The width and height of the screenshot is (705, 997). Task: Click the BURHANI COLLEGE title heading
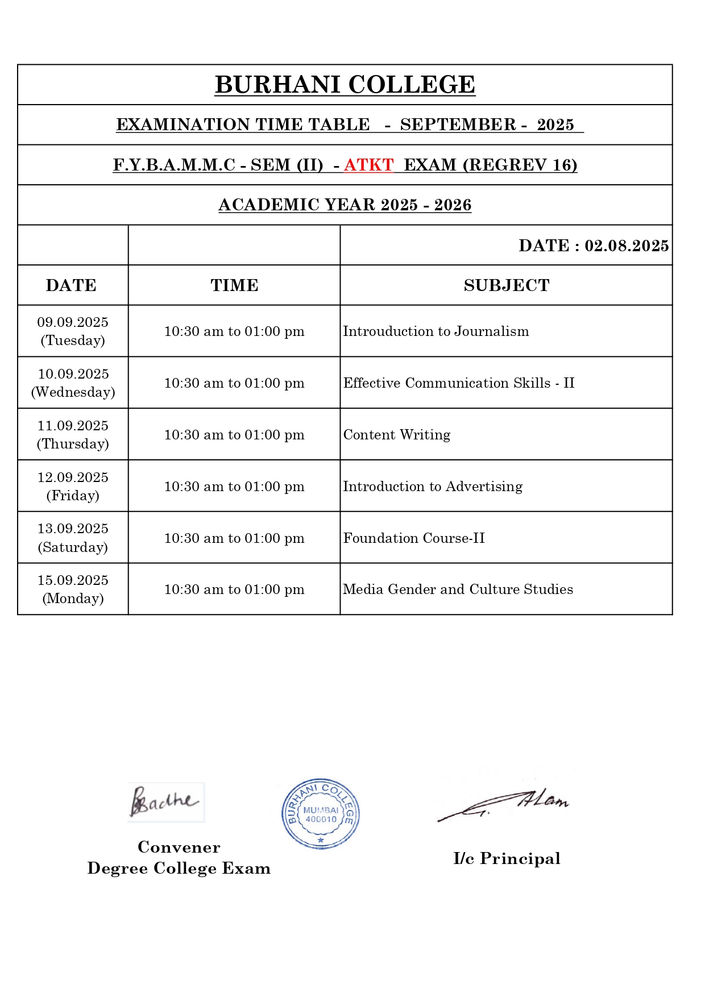pos(345,85)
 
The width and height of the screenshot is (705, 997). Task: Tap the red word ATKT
pos(368,165)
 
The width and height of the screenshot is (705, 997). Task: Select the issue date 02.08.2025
pos(627,246)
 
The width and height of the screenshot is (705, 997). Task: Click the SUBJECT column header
pos(506,285)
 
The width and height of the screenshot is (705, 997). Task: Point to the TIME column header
pos(234,285)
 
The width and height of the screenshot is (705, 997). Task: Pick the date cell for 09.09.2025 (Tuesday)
pos(73,331)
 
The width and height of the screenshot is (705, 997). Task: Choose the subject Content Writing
pos(397,435)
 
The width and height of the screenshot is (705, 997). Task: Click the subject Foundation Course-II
pos(414,538)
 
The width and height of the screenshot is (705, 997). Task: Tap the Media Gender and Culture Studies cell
pos(458,589)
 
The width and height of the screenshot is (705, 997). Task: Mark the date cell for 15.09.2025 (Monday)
pos(73,589)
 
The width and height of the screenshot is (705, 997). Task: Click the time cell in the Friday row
pos(234,487)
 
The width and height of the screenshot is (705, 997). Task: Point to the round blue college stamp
pos(321,814)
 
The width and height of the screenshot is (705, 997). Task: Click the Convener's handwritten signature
pos(165,801)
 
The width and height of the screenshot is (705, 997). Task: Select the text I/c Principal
pos(507,858)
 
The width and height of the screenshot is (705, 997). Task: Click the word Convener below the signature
pos(179,848)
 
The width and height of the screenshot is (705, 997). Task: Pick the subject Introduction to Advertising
pos(433,487)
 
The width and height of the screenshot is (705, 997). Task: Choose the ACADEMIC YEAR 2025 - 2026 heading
pos(345,205)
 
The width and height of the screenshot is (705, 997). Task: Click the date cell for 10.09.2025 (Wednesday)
pos(73,383)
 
